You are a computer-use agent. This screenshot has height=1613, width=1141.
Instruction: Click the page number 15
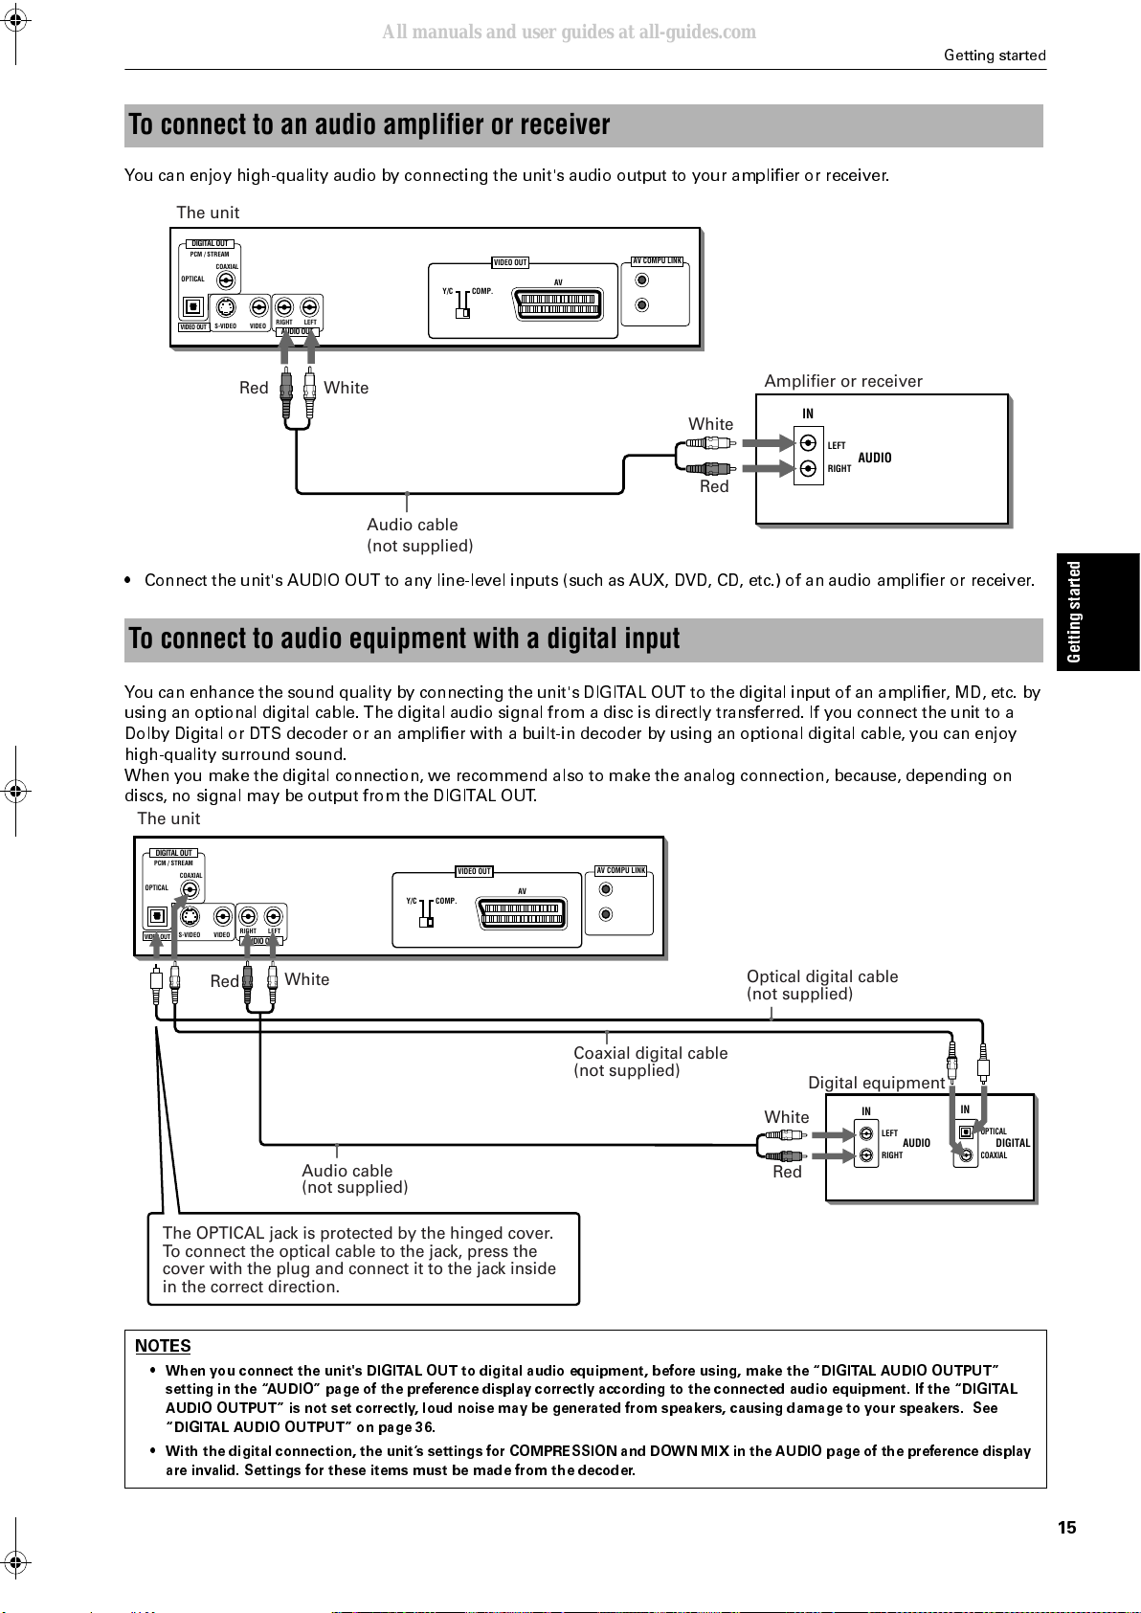[1067, 1527]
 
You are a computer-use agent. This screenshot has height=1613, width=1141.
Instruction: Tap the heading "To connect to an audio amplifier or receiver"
[369, 124]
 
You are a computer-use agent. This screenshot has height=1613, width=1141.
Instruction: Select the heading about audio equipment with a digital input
[404, 638]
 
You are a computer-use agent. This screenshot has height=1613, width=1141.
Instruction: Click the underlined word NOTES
[163, 1346]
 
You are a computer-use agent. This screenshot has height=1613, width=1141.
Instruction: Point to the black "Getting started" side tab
[1098, 612]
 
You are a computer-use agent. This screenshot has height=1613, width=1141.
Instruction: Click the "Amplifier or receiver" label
[843, 381]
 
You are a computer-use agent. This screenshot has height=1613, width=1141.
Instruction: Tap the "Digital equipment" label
[876, 1083]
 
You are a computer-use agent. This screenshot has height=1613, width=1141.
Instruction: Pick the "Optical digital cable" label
[822, 976]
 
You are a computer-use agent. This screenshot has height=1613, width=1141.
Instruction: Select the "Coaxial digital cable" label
[650, 1053]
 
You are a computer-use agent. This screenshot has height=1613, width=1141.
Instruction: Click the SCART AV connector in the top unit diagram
[558, 303]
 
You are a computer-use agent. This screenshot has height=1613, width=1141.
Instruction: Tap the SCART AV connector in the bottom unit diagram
[522, 913]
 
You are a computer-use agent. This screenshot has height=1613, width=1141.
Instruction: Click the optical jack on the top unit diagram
[192, 306]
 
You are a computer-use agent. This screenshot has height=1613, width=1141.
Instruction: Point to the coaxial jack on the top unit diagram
[226, 280]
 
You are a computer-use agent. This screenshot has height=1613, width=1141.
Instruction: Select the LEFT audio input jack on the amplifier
[809, 442]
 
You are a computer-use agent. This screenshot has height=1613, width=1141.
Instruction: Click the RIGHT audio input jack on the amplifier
[809, 469]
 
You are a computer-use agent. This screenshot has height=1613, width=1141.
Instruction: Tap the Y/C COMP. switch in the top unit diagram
[463, 303]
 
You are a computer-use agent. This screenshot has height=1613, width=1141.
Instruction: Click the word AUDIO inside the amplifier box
[875, 458]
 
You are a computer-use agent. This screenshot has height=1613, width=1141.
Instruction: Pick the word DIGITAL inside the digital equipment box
[1013, 1143]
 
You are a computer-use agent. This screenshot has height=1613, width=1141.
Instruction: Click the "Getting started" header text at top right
[995, 56]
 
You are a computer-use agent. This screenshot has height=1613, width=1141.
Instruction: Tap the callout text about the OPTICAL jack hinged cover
[359, 1260]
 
